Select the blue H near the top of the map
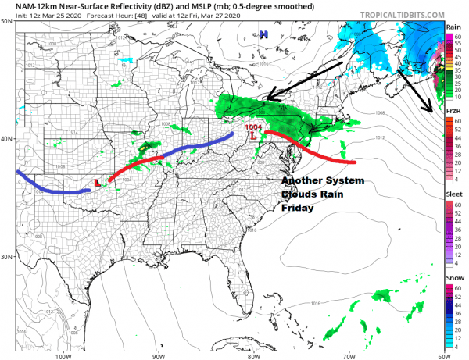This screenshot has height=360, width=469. tap(264, 34)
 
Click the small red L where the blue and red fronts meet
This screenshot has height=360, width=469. tap(97, 183)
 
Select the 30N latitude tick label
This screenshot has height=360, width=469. tap(7, 257)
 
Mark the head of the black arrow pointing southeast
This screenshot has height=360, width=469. tap(429, 112)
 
